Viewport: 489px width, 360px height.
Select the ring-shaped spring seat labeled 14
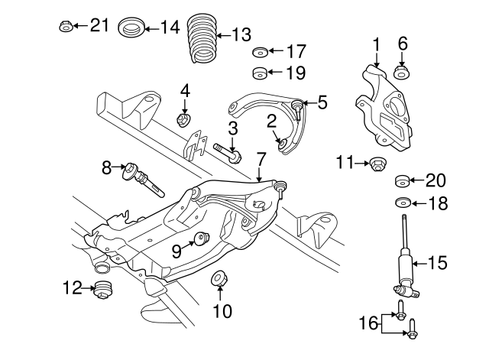[x=132, y=28]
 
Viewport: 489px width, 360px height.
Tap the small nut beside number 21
[x=66, y=27]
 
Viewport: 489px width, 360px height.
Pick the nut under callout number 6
[x=401, y=73]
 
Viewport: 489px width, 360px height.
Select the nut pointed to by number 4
[x=183, y=119]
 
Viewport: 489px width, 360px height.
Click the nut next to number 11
[x=377, y=163]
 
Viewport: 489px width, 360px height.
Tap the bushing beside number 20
[x=402, y=182]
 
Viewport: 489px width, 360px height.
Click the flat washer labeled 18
[x=402, y=203]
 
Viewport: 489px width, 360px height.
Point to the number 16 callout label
[x=369, y=323]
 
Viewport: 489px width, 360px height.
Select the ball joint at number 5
[x=296, y=106]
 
